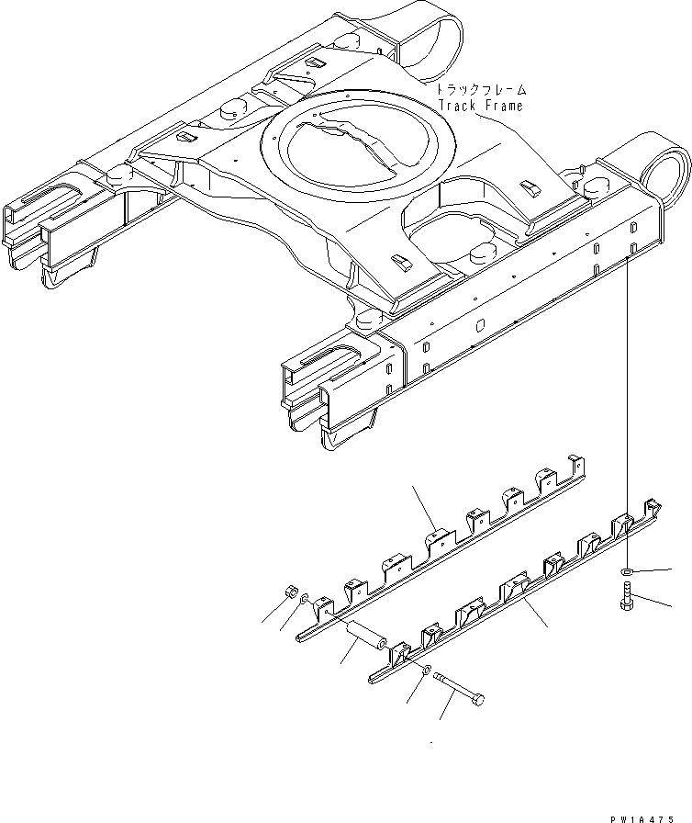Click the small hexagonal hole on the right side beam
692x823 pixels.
click(481, 323)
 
